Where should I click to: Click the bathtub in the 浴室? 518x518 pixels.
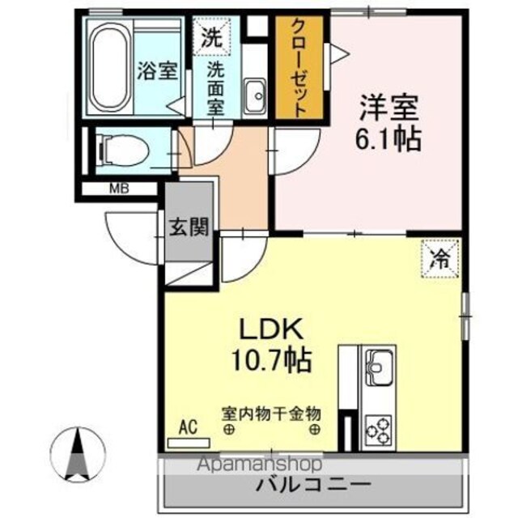[x=110, y=67]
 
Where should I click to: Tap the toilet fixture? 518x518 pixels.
[x=124, y=151]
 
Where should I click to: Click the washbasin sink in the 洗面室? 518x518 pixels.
[x=255, y=96]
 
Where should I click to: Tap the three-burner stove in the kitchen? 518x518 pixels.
[x=378, y=430]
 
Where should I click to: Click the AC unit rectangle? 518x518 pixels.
[x=189, y=443]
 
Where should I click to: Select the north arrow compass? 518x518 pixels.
[x=78, y=455]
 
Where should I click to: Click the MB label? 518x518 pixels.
[x=119, y=189]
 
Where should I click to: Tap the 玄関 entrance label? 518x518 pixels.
[x=189, y=227]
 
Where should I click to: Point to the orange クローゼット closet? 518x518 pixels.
[x=299, y=67]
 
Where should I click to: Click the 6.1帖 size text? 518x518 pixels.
[x=388, y=140]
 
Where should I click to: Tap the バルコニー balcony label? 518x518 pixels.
[x=313, y=485]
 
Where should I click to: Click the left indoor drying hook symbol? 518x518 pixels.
[x=229, y=430]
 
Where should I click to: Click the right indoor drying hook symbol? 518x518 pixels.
[x=314, y=430]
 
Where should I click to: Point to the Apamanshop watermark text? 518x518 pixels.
[x=260, y=464]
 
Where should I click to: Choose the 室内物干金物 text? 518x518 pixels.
[x=271, y=414]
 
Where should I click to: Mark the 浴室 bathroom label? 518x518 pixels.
[x=157, y=70]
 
